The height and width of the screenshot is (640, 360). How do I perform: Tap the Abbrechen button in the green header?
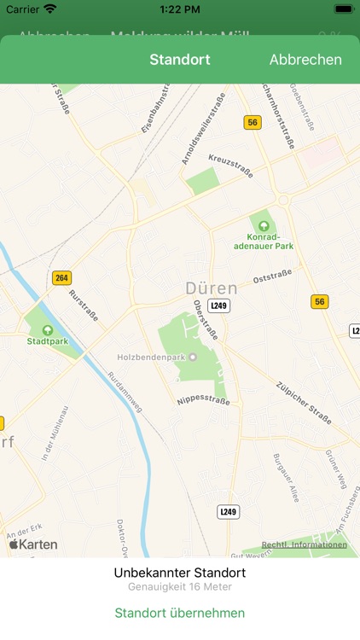click(x=305, y=60)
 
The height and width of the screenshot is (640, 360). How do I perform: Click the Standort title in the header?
click(x=180, y=60)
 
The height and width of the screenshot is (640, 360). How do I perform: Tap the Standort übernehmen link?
click(x=180, y=613)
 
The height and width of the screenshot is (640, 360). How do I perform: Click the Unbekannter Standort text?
click(x=180, y=573)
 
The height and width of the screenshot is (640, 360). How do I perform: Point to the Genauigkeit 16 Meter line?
click(x=180, y=587)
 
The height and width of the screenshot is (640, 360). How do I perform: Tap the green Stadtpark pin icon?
click(x=47, y=330)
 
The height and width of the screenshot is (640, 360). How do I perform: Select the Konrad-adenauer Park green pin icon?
click(x=264, y=220)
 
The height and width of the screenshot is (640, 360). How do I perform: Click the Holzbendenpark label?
click(x=153, y=357)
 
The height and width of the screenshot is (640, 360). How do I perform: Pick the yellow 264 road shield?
click(x=61, y=277)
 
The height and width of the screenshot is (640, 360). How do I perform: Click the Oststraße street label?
click(x=272, y=276)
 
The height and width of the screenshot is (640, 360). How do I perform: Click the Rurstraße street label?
click(x=83, y=305)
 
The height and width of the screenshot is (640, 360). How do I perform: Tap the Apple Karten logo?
click(x=33, y=544)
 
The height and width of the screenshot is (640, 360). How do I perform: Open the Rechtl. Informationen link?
click(x=304, y=544)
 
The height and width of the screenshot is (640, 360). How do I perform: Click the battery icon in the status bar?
click(x=343, y=9)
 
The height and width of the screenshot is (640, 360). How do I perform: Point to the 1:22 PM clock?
click(x=179, y=9)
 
